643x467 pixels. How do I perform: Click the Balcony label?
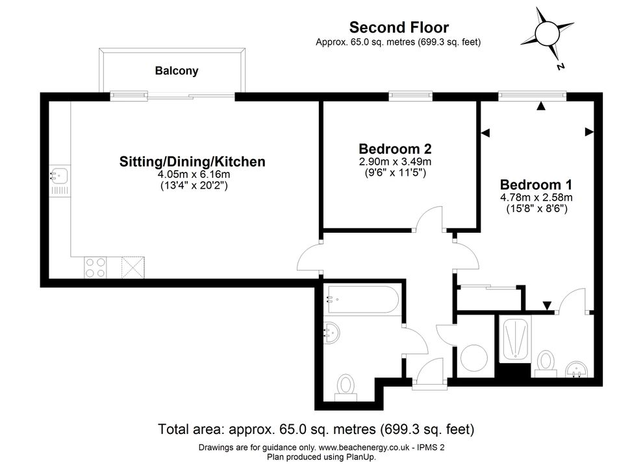(x=176, y=71)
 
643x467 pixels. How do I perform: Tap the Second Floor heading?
(x=399, y=27)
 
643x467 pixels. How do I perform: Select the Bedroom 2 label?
(x=395, y=149)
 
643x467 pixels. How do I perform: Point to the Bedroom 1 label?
(x=536, y=184)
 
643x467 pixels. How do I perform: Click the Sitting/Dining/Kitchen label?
(x=192, y=162)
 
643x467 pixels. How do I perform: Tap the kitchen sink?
(x=60, y=181)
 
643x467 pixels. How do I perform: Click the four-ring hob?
(x=95, y=267)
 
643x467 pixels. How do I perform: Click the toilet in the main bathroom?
(x=346, y=387)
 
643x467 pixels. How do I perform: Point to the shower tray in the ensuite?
(x=515, y=339)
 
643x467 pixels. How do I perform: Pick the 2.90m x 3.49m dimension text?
(x=396, y=162)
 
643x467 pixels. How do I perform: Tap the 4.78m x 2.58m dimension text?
(x=536, y=197)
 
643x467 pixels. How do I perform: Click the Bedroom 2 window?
(x=410, y=96)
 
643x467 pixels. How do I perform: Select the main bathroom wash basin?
(x=331, y=332)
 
